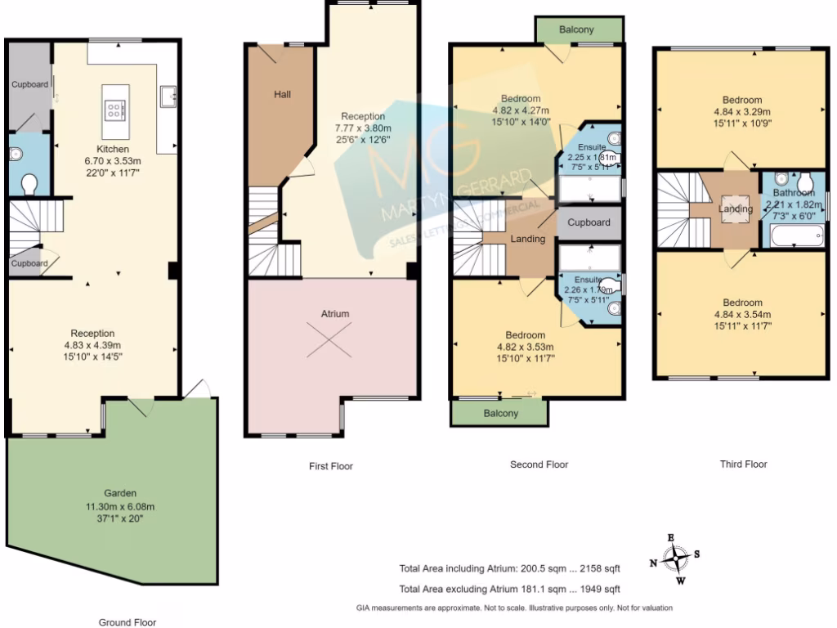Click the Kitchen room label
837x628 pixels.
click(x=112, y=150)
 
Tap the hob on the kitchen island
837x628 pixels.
click(x=113, y=109)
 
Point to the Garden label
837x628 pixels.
click(x=119, y=494)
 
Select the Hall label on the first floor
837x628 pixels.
click(x=282, y=95)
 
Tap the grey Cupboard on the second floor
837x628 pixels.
click(x=589, y=222)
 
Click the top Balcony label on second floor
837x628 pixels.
click(x=576, y=30)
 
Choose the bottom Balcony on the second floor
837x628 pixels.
click(x=499, y=414)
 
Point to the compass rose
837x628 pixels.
click(x=675, y=559)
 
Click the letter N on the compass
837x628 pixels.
click(x=653, y=563)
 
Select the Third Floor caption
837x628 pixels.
click(x=743, y=464)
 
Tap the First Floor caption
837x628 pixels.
click(x=330, y=466)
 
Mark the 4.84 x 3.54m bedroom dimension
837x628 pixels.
click(x=741, y=314)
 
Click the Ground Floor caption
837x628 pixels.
click(x=128, y=622)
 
